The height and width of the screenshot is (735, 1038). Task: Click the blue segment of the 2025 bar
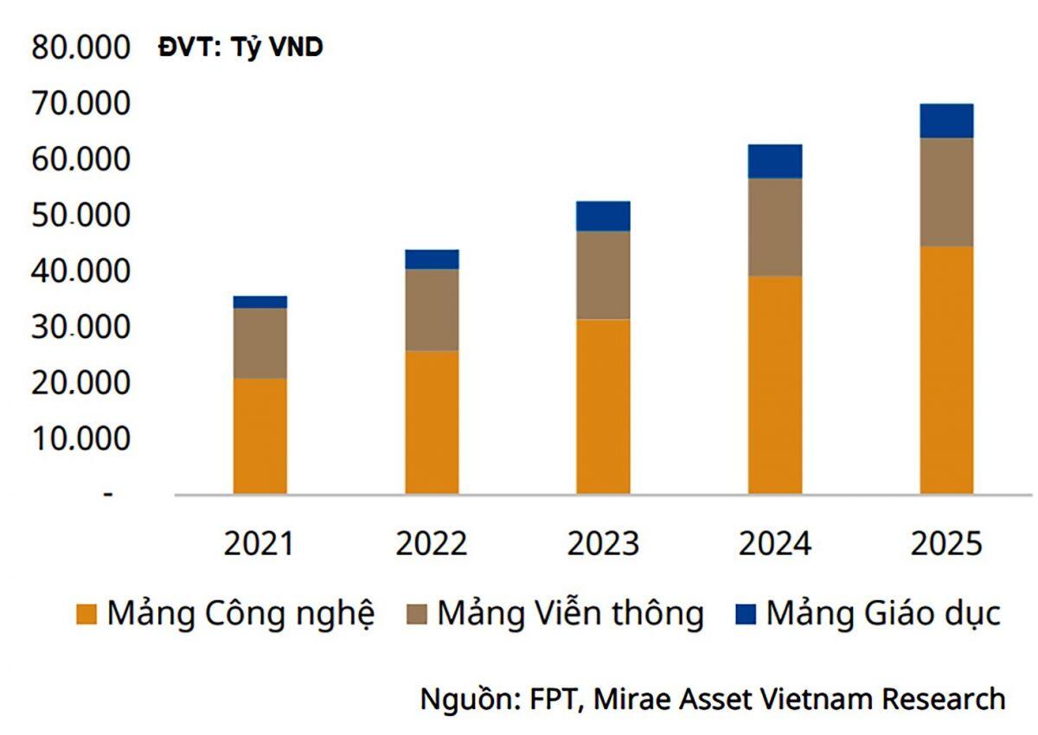point(946,121)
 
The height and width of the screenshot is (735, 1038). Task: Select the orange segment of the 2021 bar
point(260,437)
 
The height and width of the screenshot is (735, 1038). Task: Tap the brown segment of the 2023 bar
point(604,275)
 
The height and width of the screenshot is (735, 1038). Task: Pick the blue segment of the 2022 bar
point(432,259)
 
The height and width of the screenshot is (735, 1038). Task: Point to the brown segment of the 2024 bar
point(775,227)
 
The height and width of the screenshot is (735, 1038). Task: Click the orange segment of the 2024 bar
point(775,386)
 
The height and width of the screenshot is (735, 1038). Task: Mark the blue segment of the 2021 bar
point(260,302)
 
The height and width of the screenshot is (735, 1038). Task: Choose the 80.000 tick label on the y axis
point(80,48)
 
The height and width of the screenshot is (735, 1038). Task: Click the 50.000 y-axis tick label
point(80,215)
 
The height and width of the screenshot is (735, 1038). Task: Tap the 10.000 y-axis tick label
point(80,438)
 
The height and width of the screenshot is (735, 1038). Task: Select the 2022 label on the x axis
point(432,544)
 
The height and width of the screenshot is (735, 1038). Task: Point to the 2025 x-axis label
point(946,544)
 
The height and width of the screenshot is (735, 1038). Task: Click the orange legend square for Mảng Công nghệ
point(86,614)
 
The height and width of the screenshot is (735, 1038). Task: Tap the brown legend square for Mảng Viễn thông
point(417,614)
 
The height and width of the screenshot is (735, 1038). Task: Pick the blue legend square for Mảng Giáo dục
point(746,614)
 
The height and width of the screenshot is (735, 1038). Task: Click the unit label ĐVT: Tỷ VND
point(240,48)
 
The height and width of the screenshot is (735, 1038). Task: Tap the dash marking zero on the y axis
point(108,495)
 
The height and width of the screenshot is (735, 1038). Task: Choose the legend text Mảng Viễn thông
point(571,613)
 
